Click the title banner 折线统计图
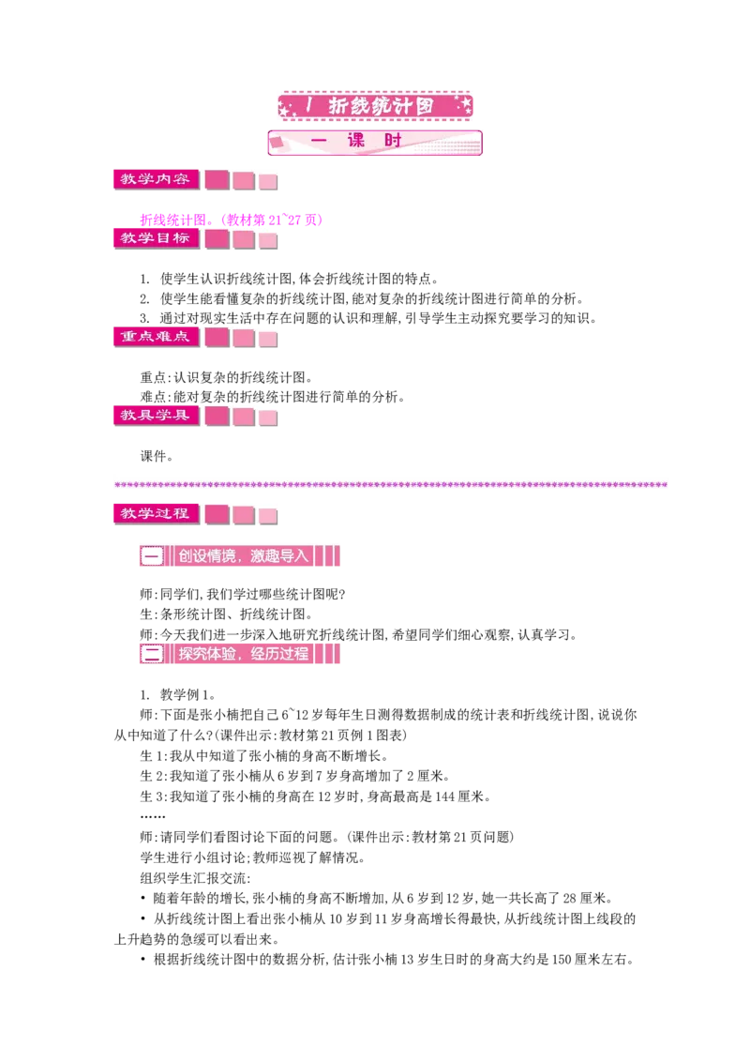tap(375, 106)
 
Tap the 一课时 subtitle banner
tap(375, 143)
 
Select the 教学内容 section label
tap(157, 179)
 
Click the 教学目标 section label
tap(157, 238)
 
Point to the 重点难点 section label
tap(157, 337)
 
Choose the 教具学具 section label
tap(157, 416)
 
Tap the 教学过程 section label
tap(157, 513)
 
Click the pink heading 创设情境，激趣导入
tap(240, 556)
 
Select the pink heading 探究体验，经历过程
tap(240, 654)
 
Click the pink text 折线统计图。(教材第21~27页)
tap(232, 220)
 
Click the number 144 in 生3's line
tap(444, 796)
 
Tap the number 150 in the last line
tap(562, 960)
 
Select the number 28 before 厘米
tap(570, 899)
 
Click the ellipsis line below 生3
tap(152, 817)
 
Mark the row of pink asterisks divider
tap(391, 484)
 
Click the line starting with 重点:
tap(226, 377)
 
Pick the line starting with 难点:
tap(273, 397)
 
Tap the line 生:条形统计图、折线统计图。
tap(226, 614)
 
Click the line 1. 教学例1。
tap(178, 695)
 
